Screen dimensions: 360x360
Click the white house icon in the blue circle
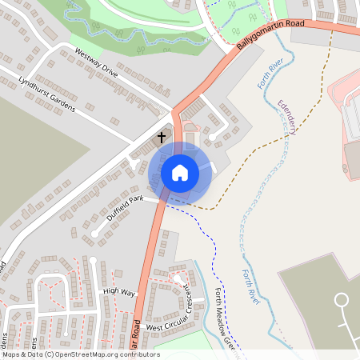pyautogui.click(x=179, y=172)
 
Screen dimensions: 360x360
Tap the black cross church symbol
pyautogui.click(x=161, y=138)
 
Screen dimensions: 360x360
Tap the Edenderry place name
pyautogui.click(x=285, y=117)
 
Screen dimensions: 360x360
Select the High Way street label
pyautogui.click(x=120, y=291)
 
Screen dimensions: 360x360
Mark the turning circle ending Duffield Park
pyautogui.click(x=94, y=234)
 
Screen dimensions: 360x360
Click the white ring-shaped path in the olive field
pyautogui.click(x=342, y=302)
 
